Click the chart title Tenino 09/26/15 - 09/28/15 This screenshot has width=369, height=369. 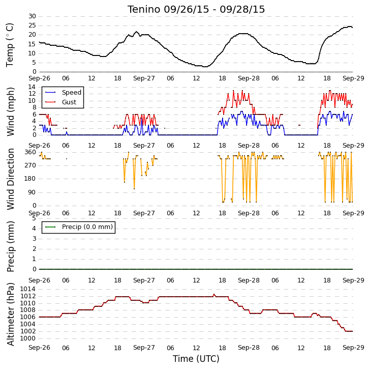coord(196,10)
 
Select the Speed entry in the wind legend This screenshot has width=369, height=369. coord(64,92)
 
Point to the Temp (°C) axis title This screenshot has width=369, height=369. coord(10,45)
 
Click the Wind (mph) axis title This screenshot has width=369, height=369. coord(10,111)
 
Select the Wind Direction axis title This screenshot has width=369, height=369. coord(10,179)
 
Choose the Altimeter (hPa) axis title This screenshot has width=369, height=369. coord(10,314)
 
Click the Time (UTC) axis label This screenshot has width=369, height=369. coord(196,359)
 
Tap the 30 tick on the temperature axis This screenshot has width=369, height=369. coord(32,16)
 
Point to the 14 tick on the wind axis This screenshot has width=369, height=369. coord(32,87)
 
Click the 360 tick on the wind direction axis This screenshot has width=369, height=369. coord(30,152)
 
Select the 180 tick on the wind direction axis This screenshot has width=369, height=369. coord(30,179)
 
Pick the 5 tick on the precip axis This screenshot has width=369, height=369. coord(35,218)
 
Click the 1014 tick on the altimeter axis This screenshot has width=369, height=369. coord(28,289)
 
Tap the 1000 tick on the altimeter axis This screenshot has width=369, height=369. coord(28,338)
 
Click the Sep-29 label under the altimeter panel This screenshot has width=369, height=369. coord(353,348)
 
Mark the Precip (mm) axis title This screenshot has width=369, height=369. coord(10,246)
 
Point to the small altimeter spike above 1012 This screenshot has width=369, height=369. coord(214,295)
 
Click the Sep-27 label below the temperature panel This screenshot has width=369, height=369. coord(144,78)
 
